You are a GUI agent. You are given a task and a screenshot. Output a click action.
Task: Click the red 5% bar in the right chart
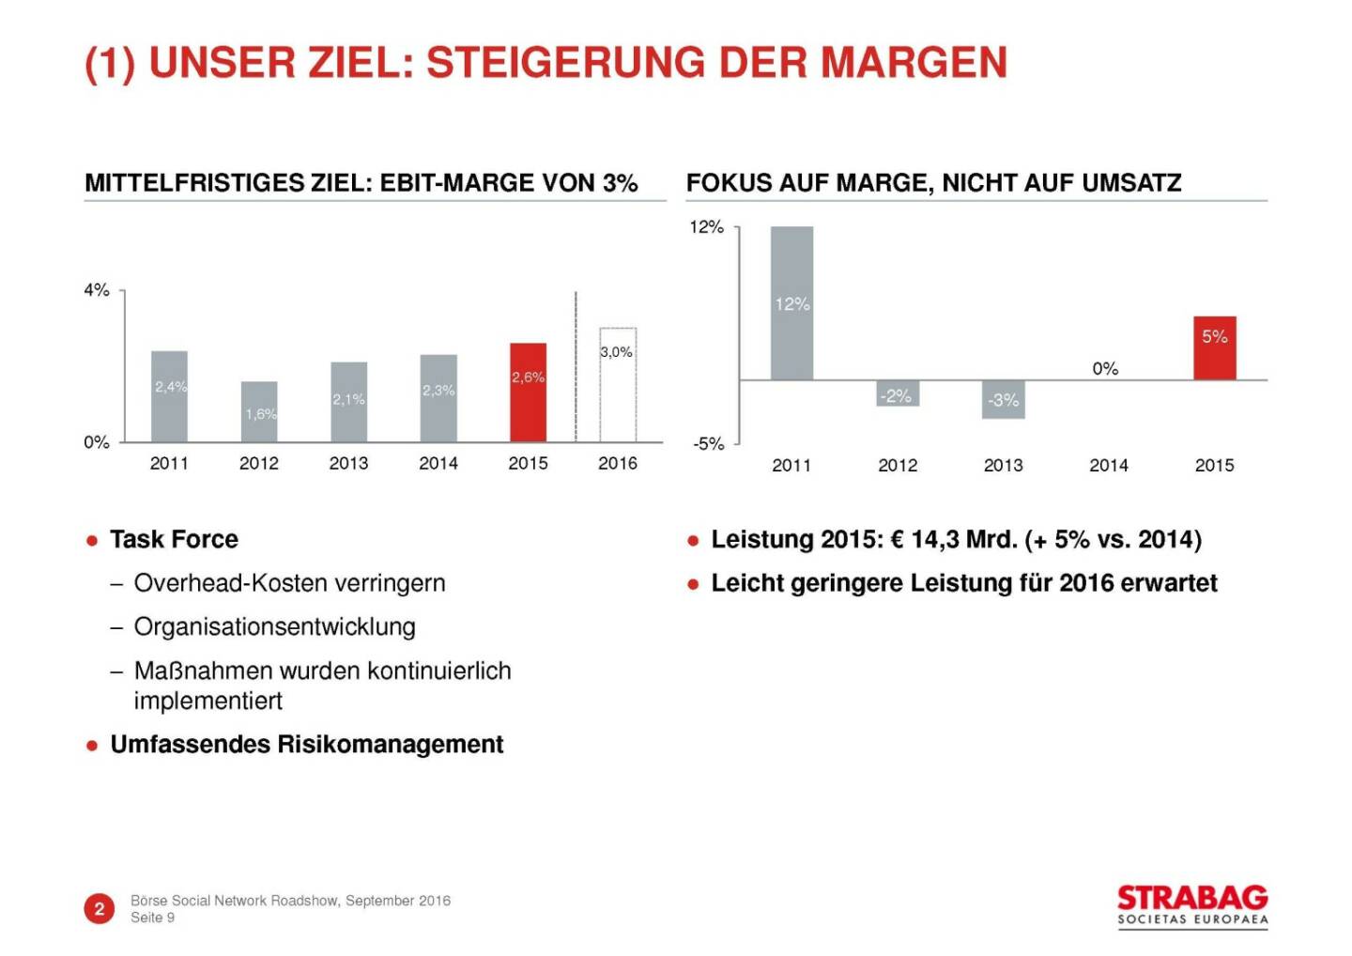click(x=1214, y=348)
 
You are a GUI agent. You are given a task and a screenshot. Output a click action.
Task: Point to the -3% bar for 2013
click(x=1003, y=399)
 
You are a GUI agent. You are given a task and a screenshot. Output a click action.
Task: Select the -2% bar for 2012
click(x=898, y=393)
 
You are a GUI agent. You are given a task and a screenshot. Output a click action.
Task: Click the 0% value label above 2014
click(x=1105, y=369)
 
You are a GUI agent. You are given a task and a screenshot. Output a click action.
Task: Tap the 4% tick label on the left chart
click(x=97, y=290)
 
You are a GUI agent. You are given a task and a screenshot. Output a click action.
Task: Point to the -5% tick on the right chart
click(x=709, y=443)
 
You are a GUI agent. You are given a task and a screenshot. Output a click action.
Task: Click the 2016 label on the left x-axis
click(x=618, y=463)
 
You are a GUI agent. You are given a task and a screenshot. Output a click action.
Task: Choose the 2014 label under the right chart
click(x=1109, y=465)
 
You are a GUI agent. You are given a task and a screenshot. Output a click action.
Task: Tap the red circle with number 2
click(x=100, y=908)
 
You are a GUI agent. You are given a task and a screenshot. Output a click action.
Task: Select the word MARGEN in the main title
click(x=914, y=63)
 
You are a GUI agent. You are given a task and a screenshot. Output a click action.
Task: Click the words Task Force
click(x=174, y=539)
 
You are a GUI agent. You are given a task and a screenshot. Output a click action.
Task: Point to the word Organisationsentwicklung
click(x=274, y=626)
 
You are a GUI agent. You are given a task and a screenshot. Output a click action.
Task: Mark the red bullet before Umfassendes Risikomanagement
click(x=92, y=746)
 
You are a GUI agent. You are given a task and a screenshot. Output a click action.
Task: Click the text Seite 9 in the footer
click(x=153, y=917)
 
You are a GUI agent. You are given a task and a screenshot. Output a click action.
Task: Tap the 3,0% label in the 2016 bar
click(x=617, y=352)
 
